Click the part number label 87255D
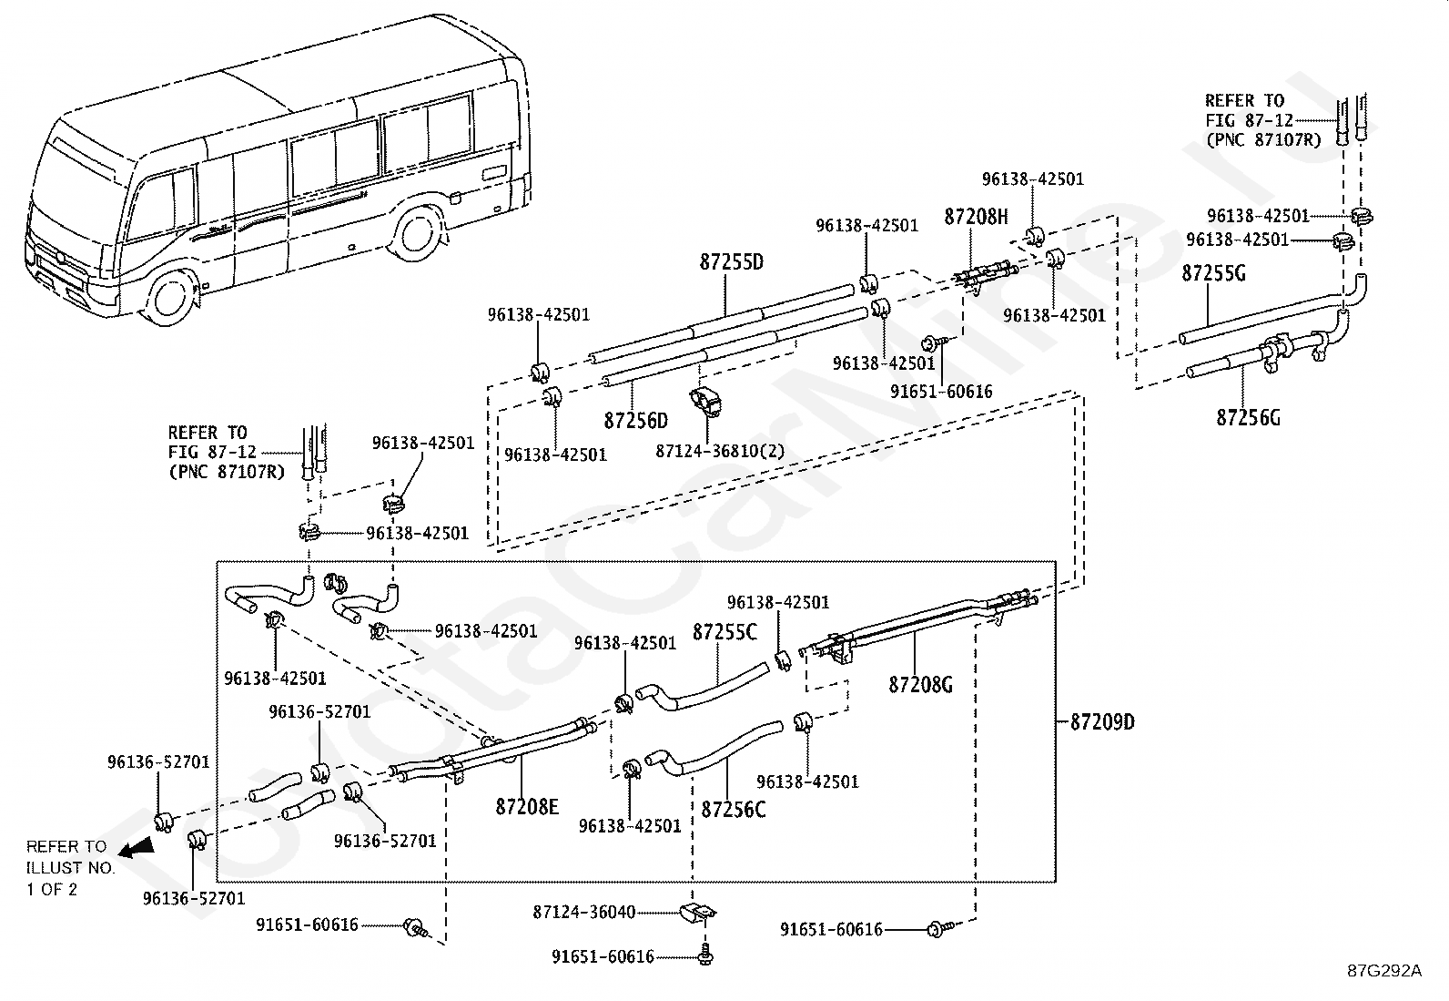[731, 262]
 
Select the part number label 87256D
[635, 420]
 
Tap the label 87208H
[976, 217]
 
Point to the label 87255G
[1213, 272]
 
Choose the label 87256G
[1248, 417]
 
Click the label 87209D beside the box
[1102, 722]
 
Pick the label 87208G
[920, 684]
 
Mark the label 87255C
[724, 632]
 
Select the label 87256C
[734, 808]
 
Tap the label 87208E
[527, 806]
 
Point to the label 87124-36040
[584, 912]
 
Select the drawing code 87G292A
[1384, 970]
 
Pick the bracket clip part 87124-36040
[696, 912]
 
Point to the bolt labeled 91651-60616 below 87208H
[931, 342]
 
